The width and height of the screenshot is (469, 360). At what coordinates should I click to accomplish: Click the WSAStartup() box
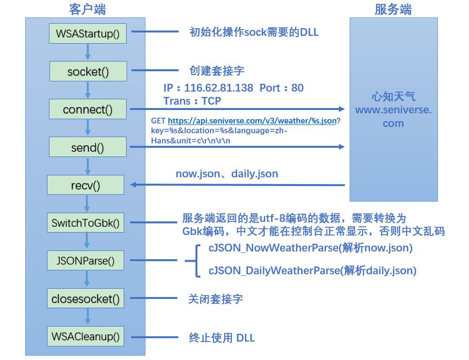coord(88,34)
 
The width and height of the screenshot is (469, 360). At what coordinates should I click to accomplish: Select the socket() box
coord(88,72)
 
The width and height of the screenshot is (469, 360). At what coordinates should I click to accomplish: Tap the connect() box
coord(88,110)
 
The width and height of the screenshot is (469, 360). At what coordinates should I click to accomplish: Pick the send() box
coord(88,147)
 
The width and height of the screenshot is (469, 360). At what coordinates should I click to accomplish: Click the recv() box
coord(85,185)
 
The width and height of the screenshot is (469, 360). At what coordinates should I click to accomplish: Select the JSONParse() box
coord(85,261)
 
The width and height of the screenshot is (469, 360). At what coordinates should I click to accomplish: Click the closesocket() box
coord(85,298)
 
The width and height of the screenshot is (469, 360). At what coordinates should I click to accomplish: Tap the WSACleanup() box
coord(85,336)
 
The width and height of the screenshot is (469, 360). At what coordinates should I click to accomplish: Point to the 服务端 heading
coord(393,9)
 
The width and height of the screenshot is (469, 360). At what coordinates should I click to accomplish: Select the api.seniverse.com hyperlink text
coord(252,121)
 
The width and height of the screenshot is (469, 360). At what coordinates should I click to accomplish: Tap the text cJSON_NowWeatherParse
coord(274,248)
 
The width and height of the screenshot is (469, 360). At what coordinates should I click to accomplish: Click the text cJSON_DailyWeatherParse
coord(275,270)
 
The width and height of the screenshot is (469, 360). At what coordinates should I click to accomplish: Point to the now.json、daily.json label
coord(226,173)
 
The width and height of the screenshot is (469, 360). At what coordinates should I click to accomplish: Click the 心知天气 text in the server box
coord(393,97)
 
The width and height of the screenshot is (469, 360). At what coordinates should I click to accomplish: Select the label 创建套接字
coord(217,71)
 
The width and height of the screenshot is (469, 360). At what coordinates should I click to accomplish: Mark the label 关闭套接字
coord(215,298)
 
